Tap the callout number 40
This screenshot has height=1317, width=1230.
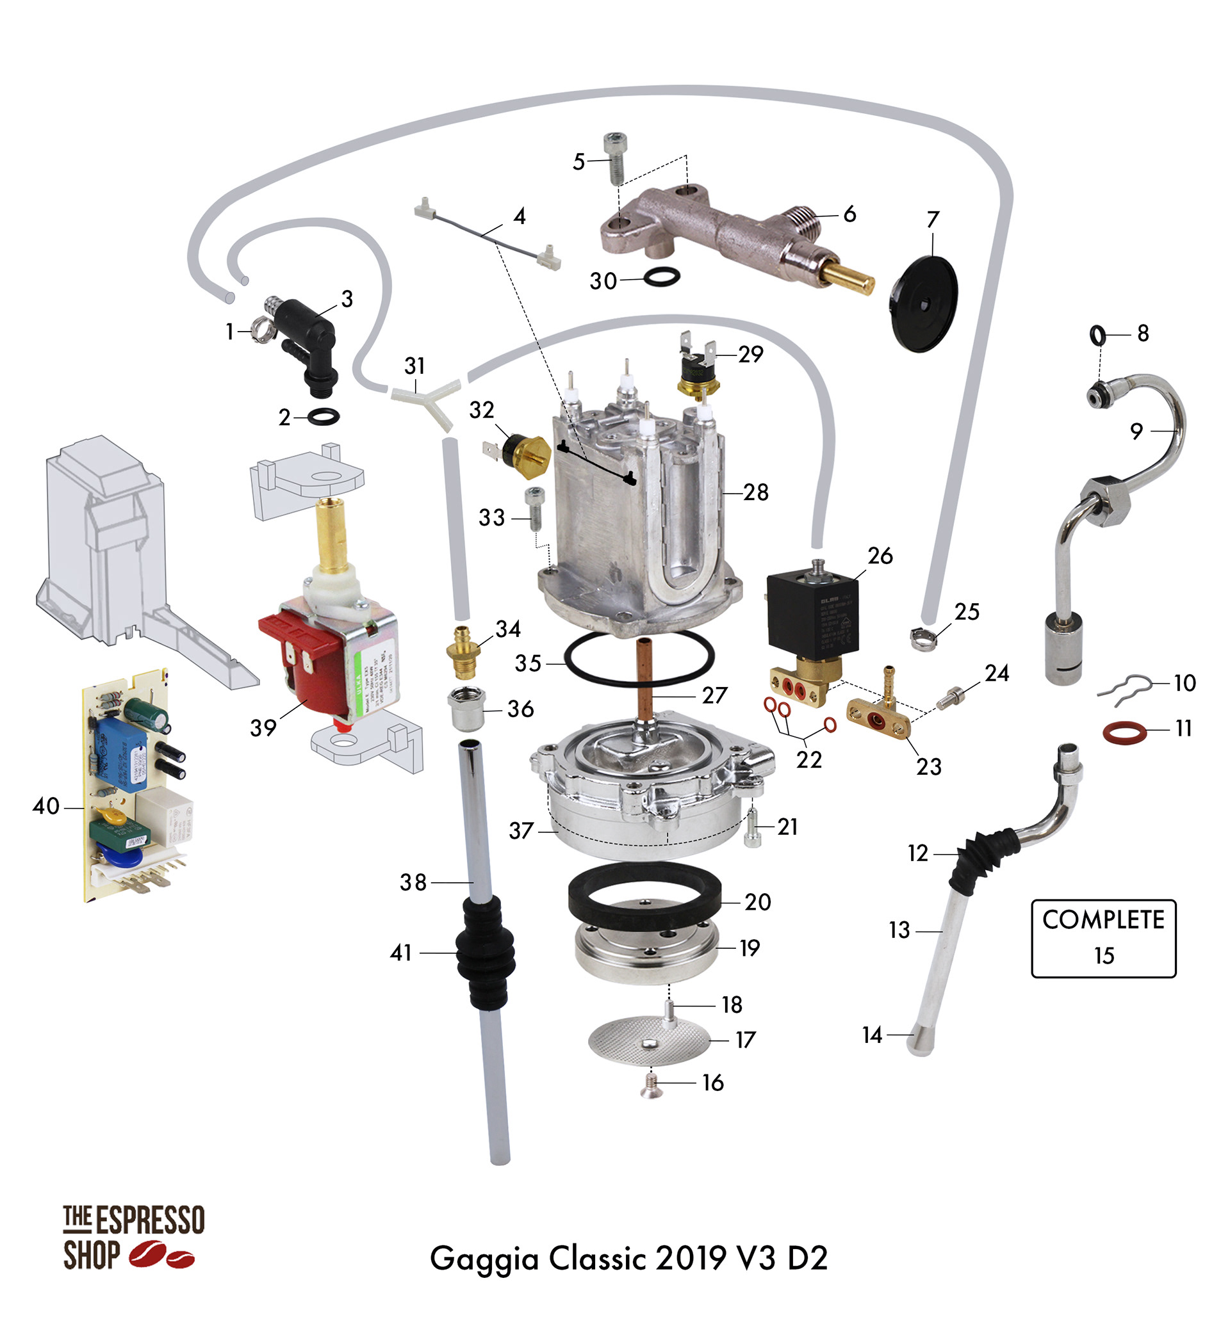pos(45,806)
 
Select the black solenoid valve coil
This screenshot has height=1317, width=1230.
pos(812,613)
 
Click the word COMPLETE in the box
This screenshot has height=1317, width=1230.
pos(1103,919)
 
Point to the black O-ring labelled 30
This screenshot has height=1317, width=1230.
pos(660,276)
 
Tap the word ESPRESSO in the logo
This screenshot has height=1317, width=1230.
pos(151,1221)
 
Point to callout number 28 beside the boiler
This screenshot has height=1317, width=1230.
pos(755,492)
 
